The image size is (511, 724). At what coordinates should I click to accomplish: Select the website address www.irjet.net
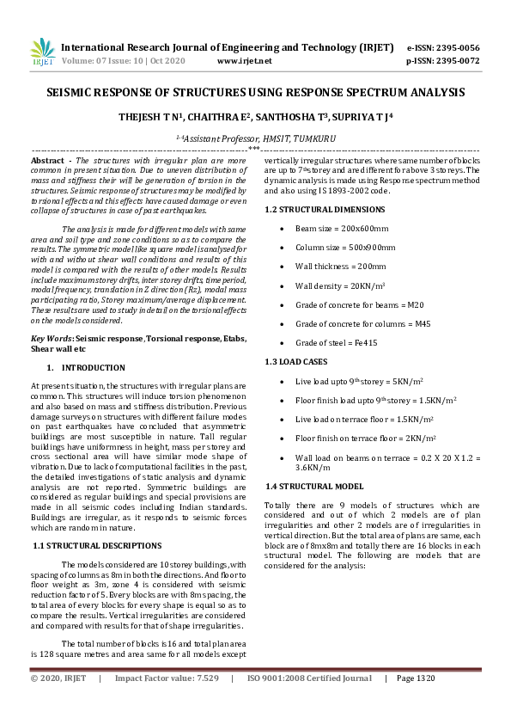click(x=244, y=61)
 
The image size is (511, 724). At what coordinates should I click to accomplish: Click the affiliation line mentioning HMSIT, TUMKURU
click(x=255, y=138)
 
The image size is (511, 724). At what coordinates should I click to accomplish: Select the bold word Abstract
click(x=48, y=161)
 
